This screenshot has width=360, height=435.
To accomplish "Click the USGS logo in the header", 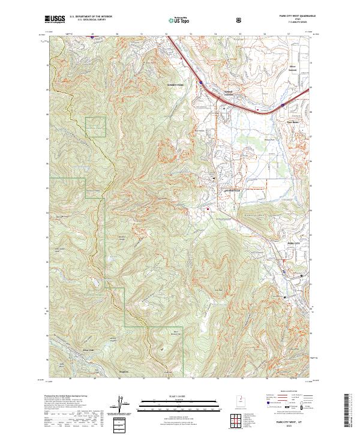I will (x=55, y=20).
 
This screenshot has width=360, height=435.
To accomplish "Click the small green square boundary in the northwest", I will (x=95, y=126).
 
